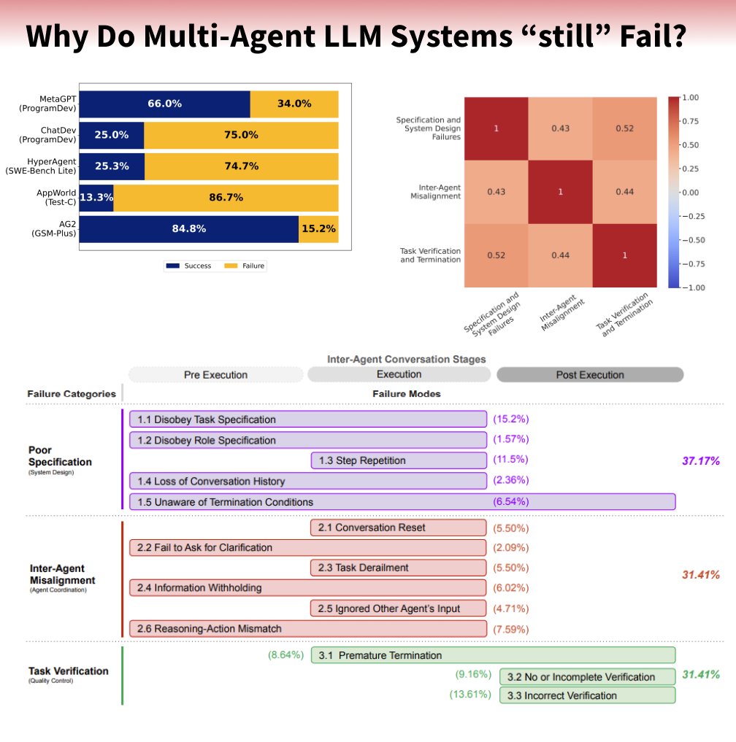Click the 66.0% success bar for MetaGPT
click(164, 104)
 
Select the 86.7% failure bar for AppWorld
click(226, 198)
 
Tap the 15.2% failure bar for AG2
click(318, 228)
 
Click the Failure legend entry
click(245, 266)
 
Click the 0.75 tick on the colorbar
click(690, 121)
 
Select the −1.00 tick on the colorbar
click(693, 287)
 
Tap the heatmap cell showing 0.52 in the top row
click(624, 128)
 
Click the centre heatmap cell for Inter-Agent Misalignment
click(560, 193)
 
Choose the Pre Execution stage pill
click(215, 375)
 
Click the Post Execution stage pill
click(590, 375)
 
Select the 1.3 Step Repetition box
click(398, 460)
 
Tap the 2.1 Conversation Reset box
click(398, 527)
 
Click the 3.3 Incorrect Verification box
click(587, 695)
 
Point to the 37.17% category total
click(700, 460)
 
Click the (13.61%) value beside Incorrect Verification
click(469, 695)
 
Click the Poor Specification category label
click(60, 457)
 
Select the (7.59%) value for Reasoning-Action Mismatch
click(511, 629)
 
